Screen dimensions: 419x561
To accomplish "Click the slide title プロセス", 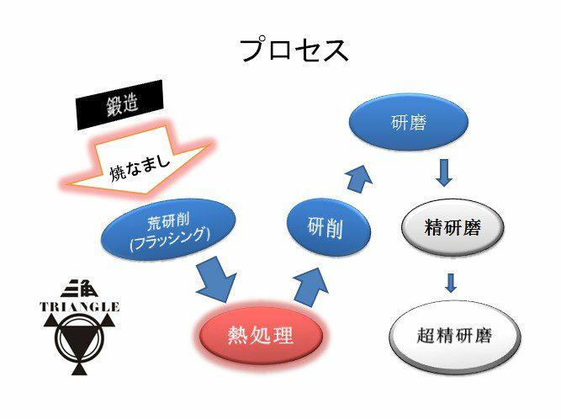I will (294, 50).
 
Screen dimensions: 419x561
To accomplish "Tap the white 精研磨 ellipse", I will (453, 227).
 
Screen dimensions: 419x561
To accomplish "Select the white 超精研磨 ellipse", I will (453, 337).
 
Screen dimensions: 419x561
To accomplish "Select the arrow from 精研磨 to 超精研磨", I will (452, 280).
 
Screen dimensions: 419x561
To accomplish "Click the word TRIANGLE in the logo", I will (80, 307).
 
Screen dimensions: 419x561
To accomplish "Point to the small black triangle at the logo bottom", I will (82, 368).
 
